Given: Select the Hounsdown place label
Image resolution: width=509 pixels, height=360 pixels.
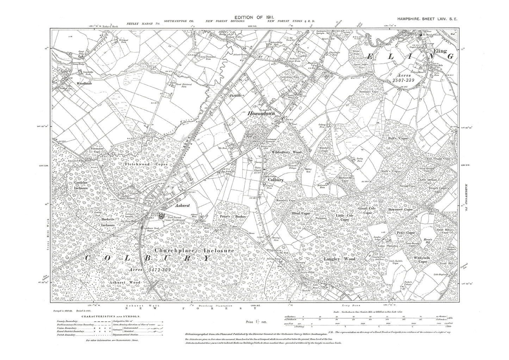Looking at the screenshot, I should [261, 113].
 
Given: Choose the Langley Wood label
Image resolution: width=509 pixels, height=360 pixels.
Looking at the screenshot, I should [339, 259].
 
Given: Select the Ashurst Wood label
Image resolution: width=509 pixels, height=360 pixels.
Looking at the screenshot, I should [125, 282].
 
